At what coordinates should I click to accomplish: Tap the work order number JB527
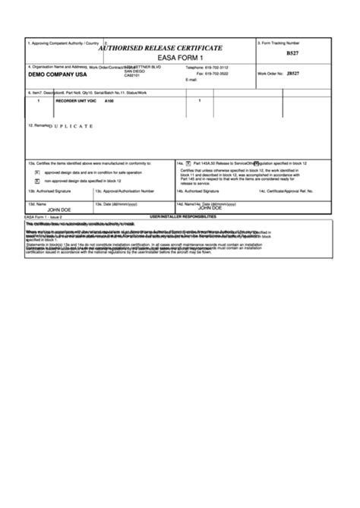coord(292,74)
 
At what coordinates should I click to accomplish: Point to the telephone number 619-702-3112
coord(217,68)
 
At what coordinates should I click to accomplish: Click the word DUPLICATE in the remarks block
coord(71,125)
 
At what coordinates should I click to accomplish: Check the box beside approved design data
coord(37,172)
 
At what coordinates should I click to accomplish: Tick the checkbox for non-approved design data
coord(37,181)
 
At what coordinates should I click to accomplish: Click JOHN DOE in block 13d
coord(58,209)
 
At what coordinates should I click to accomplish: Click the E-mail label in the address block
coord(191,80)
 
